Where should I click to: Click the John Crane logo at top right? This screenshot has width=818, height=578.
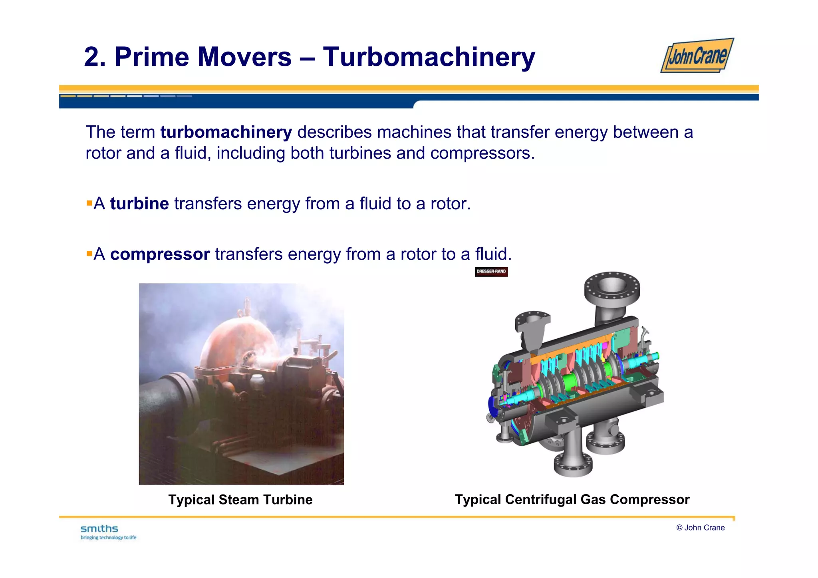tap(697, 56)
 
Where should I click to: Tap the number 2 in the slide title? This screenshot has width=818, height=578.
tap(92, 57)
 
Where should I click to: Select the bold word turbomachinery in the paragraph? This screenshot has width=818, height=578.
tap(226, 132)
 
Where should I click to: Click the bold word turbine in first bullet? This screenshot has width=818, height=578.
tap(139, 204)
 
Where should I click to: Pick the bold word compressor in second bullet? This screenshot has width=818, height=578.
tap(160, 254)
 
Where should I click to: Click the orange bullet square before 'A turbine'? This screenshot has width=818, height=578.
tap(89, 203)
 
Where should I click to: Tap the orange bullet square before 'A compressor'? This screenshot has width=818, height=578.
tap(89, 253)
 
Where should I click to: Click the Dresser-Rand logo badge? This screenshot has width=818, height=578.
tap(491, 272)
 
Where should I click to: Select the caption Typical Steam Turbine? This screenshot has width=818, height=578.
tap(240, 500)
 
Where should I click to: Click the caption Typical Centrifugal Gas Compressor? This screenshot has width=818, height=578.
tap(572, 500)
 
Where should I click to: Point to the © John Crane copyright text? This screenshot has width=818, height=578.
tap(700, 528)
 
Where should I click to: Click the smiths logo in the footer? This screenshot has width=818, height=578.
tap(99, 529)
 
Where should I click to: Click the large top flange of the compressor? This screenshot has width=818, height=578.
tap(612, 286)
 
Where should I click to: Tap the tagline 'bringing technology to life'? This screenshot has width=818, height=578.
tap(108, 538)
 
